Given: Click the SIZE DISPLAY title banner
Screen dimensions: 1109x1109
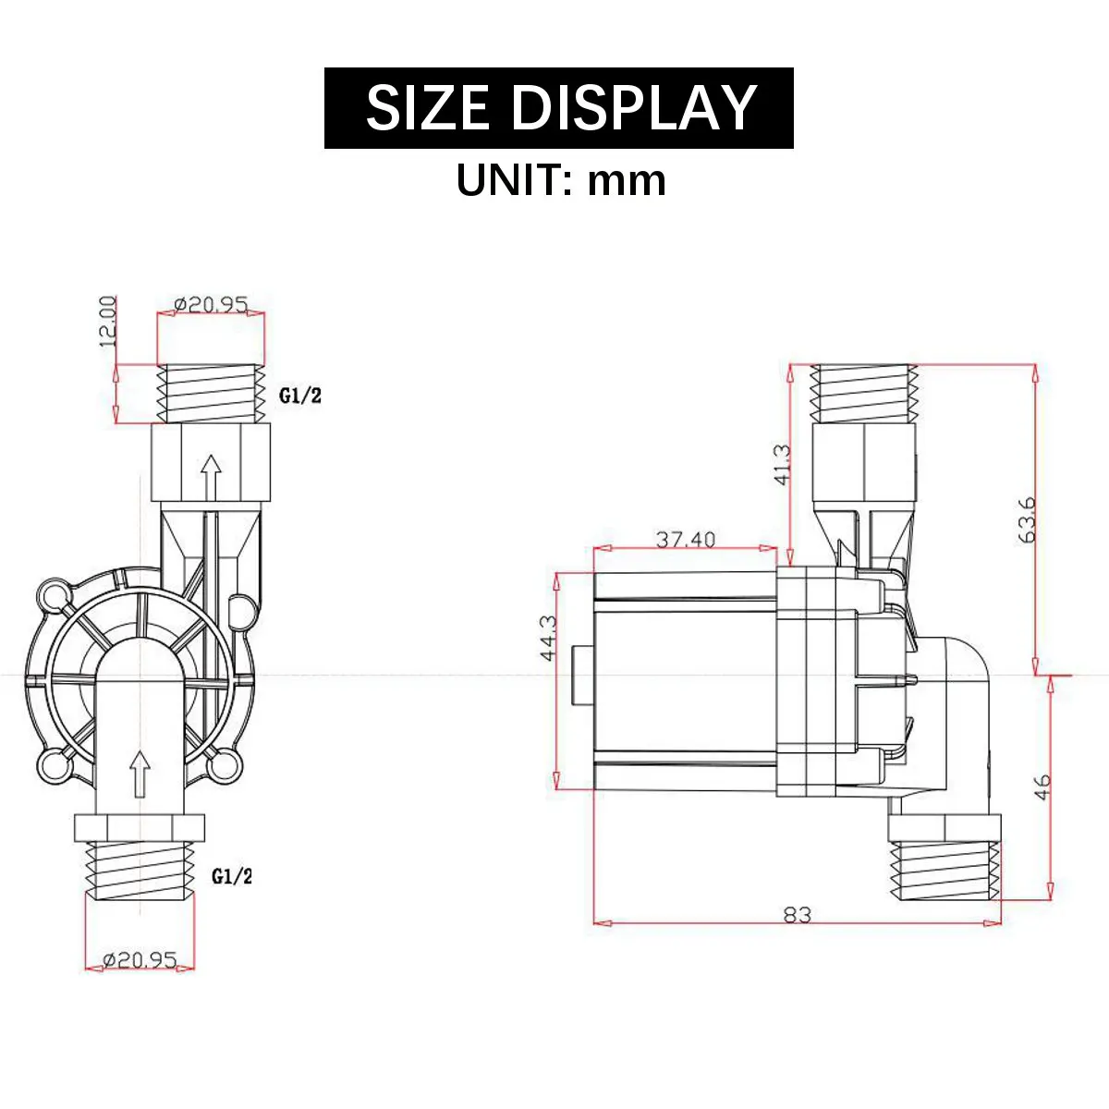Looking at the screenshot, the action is tap(559, 108).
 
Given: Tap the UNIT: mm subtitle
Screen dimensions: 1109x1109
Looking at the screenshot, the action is tap(561, 180).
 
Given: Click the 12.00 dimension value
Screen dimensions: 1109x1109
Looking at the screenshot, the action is tap(107, 322).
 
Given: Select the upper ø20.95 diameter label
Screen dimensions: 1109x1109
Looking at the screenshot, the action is tap(211, 303).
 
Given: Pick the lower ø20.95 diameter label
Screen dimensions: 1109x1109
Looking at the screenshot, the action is tap(140, 959).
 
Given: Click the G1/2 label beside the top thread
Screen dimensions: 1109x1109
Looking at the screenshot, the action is tap(299, 396).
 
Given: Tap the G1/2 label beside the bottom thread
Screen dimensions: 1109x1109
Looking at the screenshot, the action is tap(232, 876).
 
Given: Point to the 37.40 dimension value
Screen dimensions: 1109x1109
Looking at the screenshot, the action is tap(686, 539).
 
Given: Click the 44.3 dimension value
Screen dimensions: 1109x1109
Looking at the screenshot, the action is tap(547, 639).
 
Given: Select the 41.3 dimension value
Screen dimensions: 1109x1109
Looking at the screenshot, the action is tap(783, 465).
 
